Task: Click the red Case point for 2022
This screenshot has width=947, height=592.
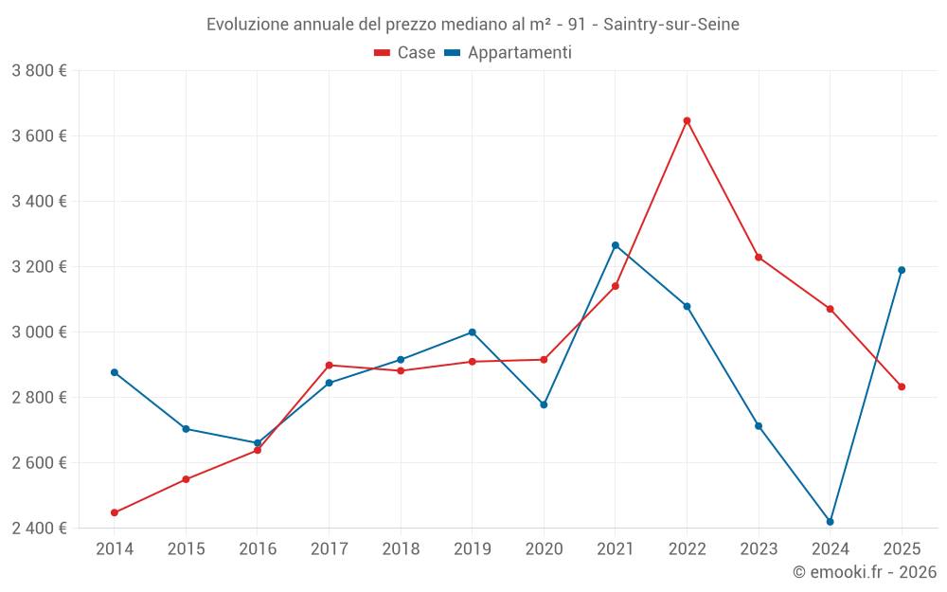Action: click(x=687, y=120)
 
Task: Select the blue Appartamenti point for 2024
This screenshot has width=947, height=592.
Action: click(x=830, y=522)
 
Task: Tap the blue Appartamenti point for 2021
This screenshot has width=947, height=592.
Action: click(x=616, y=245)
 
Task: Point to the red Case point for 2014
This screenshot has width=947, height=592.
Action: click(x=115, y=512)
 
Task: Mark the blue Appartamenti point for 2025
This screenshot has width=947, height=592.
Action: click(x=902, y=270)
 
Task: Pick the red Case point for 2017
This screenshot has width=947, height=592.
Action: click(x=329, y=365)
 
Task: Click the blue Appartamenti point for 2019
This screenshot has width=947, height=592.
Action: click(x=472, y=332)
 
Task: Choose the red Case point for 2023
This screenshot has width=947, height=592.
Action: click(x=759, y=257)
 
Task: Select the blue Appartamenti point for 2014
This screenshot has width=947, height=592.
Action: click(x=115, y=372)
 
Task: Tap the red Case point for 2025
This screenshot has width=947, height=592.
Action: click(x=902, y=386)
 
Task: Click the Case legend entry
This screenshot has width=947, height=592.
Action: click(x=405, y=53)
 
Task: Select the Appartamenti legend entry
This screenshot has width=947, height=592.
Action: click(x=509, y=53)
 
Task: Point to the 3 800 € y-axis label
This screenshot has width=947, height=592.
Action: click(x=39, y=70)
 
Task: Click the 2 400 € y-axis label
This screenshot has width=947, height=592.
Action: click(x=39, y=528)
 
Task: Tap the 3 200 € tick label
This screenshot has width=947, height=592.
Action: click(x=39, y=266)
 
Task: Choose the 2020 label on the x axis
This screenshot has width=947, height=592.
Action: click(x=544, y=548)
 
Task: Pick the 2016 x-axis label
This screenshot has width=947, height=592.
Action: click(x=258, y=548)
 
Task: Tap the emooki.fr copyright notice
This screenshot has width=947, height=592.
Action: click(x=865, y=572)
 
